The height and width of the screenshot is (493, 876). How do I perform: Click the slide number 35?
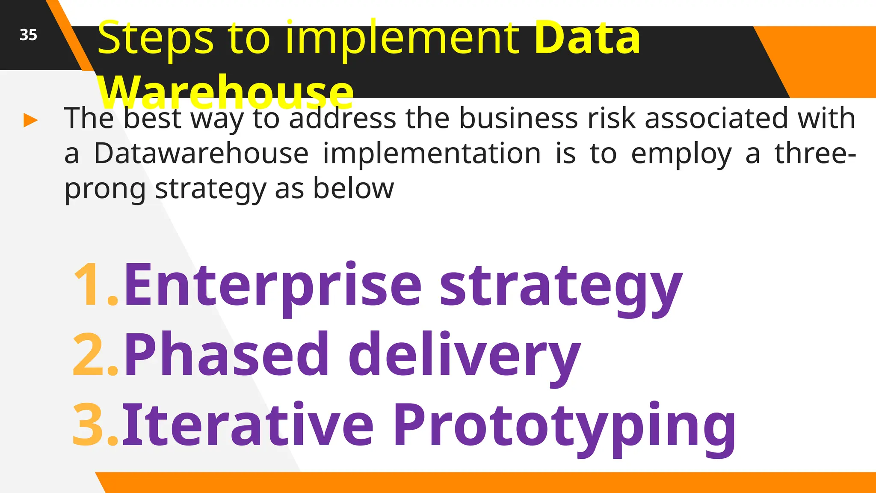[28, 35]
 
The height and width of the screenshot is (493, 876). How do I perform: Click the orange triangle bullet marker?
[30, 120]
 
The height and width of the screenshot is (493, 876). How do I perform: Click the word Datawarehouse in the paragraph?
[201, 153]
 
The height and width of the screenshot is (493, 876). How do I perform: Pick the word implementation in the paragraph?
[432, 153]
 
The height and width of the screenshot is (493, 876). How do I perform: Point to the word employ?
[681, 154]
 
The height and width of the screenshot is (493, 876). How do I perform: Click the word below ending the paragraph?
[353, 188]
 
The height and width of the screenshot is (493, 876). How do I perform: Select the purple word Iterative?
[248, 425]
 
